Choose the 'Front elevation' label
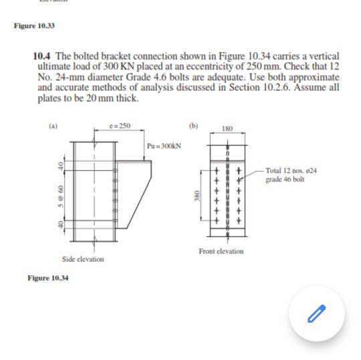[221, 251]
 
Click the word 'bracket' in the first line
[116, 57]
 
